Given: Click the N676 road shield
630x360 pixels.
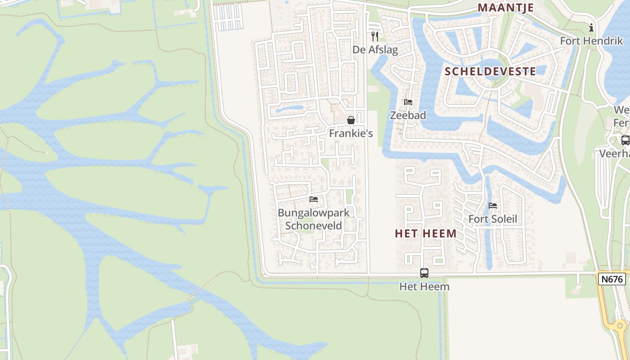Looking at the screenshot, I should (x=612, y=279).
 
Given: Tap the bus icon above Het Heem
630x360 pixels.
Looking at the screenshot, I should (x=424, y=273).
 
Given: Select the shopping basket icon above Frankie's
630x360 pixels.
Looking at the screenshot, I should (x=351, y=120).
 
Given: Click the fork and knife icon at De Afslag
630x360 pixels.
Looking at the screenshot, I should (x=375, y=36).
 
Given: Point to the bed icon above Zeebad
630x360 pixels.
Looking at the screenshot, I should (x=408, y=102).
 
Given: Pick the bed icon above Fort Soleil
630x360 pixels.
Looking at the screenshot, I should (x=493, y=206).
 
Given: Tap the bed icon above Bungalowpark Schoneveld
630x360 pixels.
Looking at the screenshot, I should (x=314, y=199).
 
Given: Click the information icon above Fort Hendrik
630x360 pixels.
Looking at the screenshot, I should (x=591, y=28).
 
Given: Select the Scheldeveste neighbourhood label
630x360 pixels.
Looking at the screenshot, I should (x=490, y=72).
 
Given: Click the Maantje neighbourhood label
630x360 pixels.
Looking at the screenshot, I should (x=506, y=8).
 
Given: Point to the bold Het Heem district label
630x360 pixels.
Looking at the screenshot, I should (x=426, y=234).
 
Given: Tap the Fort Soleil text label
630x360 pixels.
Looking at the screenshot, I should (x=493, y=220).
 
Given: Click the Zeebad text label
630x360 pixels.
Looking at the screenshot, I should (x=408, y=115).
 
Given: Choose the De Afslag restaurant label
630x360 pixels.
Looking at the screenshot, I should (x=375, y=49).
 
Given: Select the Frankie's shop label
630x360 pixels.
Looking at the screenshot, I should (x=351, y=134).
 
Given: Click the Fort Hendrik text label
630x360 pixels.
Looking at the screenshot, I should (x=591, y=41).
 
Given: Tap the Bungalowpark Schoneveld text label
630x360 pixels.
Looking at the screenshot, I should (x=314, y=219).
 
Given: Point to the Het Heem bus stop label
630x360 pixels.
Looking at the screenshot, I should (x=424, y=286).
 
